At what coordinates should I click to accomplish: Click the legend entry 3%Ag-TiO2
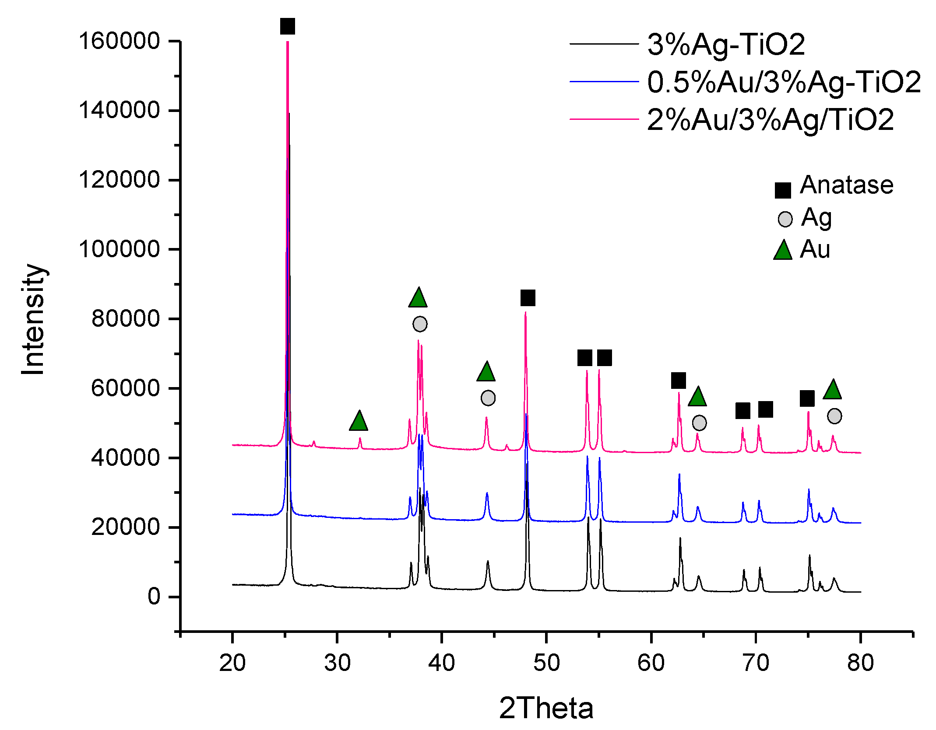(x=726, y=45)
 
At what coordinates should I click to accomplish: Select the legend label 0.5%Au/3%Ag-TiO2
(x=784, y=82)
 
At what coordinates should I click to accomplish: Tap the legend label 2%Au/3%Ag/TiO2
(x=770, y=119)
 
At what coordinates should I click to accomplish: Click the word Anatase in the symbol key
(x=846, y=185)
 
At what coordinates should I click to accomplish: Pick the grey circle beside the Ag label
(x=785, y=219)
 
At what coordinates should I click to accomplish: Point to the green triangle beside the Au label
(x=783, y=251)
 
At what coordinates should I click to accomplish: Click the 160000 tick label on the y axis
(x=119, y=41)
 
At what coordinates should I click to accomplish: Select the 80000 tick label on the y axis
(x=126, y=318)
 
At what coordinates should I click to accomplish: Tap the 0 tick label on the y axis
(x=154, y=597)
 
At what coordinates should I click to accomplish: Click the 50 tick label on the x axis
(x=546, y=663)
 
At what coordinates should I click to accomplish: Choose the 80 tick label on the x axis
(x=860, y=663)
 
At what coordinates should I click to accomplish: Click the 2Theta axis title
(x=546, y=709)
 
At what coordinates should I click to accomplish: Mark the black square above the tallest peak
(x=288, y=26)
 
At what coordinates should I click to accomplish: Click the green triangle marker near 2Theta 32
(x=359, y=421)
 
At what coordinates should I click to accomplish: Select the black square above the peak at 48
(x=528, y=298)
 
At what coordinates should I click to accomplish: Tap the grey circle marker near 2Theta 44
(x=488, y=398)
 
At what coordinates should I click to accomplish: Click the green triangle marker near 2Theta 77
(x=832, y=390)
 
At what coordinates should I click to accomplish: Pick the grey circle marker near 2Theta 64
(x=699, y=423)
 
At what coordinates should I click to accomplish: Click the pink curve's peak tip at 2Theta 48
(x=525, y=313)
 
